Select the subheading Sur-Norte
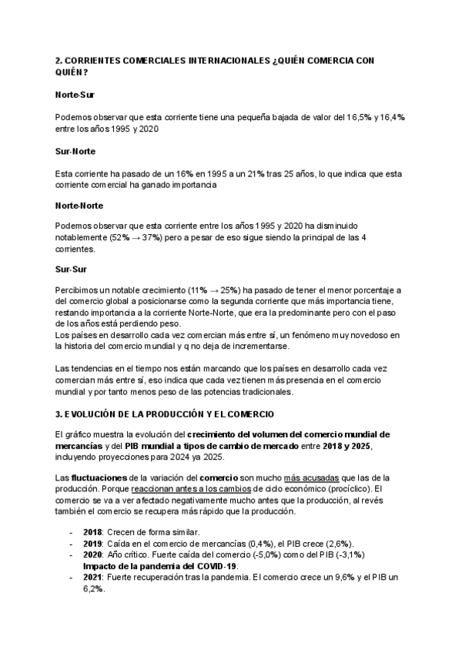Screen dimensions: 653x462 pyautogui.click(x=75, y=152)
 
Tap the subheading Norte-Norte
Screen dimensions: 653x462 pyautogui.click(x=79, y=206)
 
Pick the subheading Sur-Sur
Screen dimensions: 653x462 pyautogui.click(x=69, y=269)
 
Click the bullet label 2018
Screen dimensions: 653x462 pyautogui.click(x=92, y=533)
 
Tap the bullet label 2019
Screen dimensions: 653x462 pyautogui.click(x=92, y=544)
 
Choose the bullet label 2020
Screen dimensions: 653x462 pyautogui.click(x=92, y=554)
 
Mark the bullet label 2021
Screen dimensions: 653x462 pyautogui.click(x=92, y=577)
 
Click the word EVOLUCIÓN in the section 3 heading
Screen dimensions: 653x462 pyautogui.click(x=100, y=416)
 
